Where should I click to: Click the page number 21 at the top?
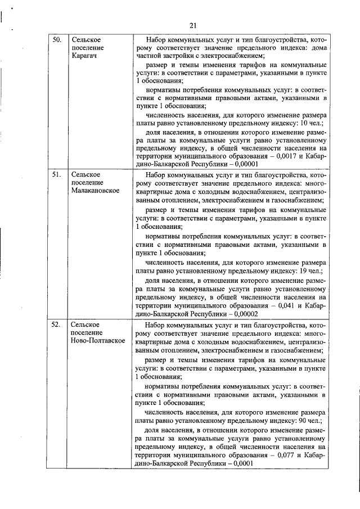pos(193,25)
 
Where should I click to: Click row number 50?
pos(57,40)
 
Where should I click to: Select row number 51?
pos(57,175)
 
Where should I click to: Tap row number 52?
pos(57,325)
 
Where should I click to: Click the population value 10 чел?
pos(312,123)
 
